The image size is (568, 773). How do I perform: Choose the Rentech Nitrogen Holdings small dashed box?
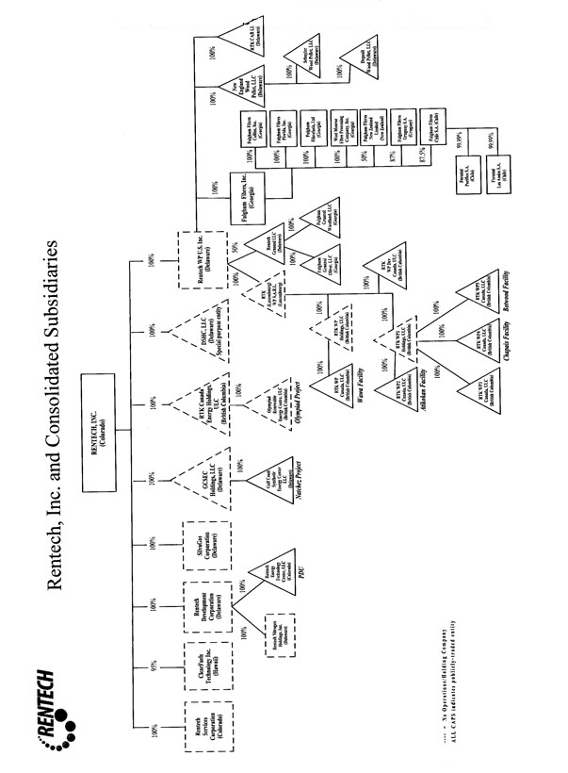pos(280,631)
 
